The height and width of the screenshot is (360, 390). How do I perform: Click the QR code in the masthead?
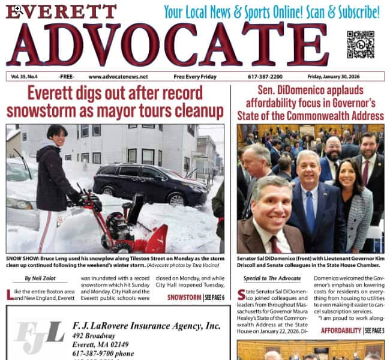[x=361, y=44]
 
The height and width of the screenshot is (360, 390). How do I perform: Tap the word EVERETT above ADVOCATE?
[x=61, y=11]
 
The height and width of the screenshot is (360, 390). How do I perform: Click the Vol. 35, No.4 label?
[x=29, y=77]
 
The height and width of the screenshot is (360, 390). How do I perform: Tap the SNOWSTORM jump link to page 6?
[x=184, y=298]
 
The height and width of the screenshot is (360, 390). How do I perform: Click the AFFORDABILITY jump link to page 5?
[x=341, y=331]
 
